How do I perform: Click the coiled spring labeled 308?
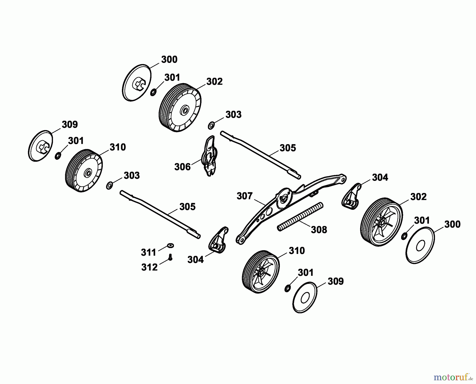pyautogui.click(x=300, y=217)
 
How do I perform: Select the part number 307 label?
pyautogui.click(x=245, y=196)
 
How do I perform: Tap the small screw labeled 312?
pyautogui.click(x=170, y=257)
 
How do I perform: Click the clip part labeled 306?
pyautogui.click(x=210, y=156)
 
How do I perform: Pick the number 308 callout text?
pyautogui.click(x=319, y=230)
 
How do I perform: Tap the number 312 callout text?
pyautogui.click(x=149, y=267)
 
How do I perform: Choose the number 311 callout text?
pyautogui.click(x=149, y=253)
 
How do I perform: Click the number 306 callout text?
pyautogui.click(x=182, y=167)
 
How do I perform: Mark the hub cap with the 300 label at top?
pyautogui.click(x=137, y=83)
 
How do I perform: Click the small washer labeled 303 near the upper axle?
pyautogui.click(x=211, y=125)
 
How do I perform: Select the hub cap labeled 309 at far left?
pyautogui.click(x=40, y=146)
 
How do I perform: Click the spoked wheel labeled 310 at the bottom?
pyautogui.click(x=261, y=272)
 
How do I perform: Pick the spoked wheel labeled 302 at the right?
pyautogui.click(x=382, y=222)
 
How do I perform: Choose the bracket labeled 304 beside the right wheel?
pyautogui.click(x=350, y=196)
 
